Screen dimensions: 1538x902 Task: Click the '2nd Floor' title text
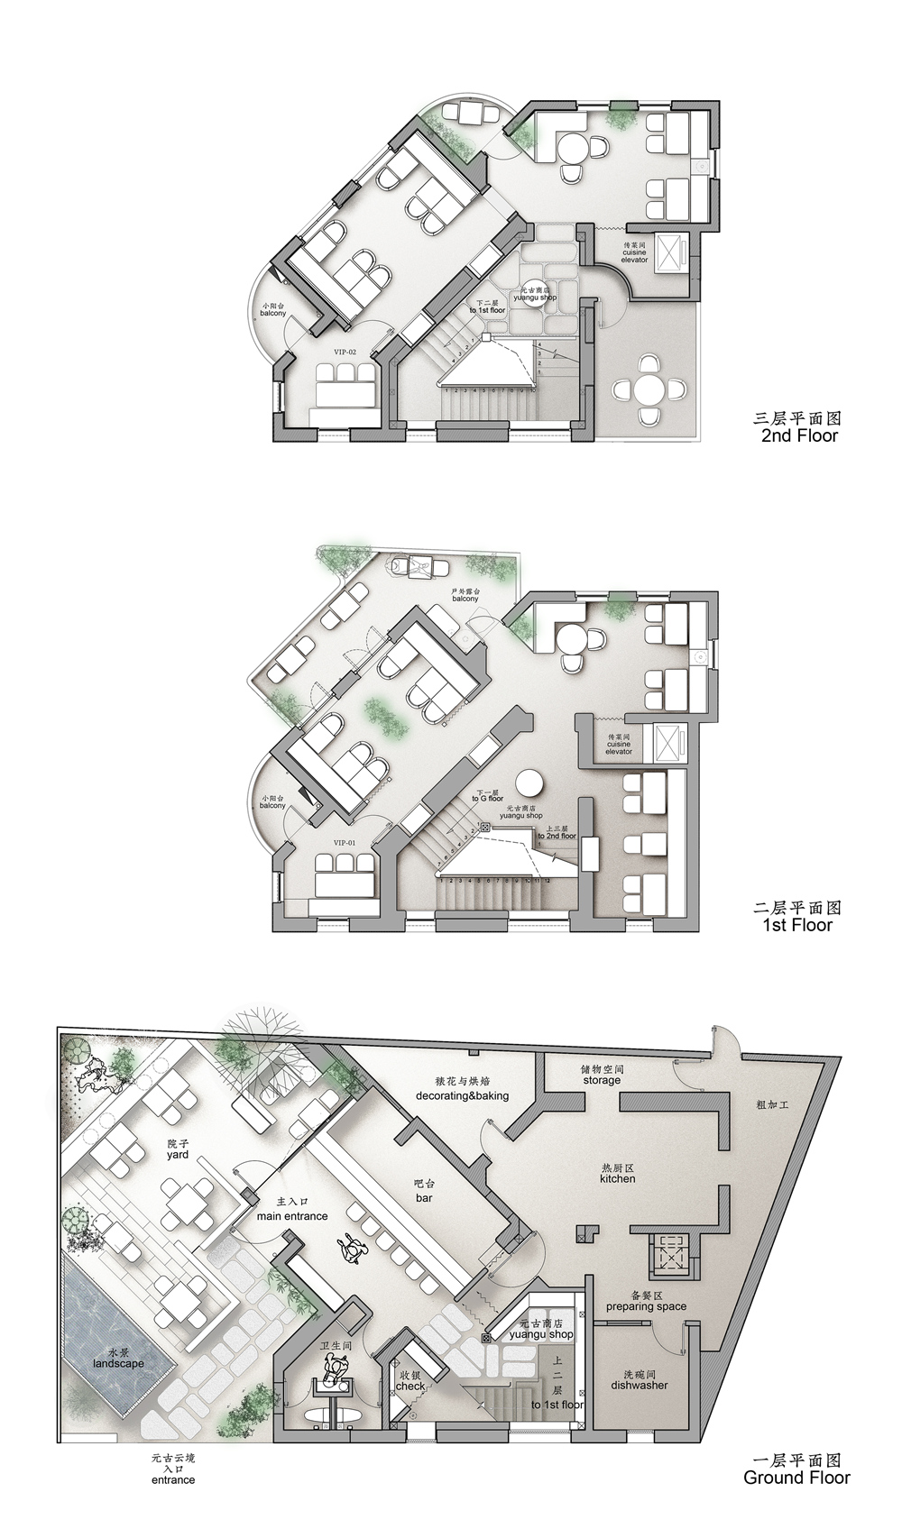[x=797, y=436]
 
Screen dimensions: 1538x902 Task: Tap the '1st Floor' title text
[x=797, y=925]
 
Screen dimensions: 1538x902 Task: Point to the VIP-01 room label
[x=345, y=843]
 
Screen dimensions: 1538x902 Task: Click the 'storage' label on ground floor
[x=602, y=1080]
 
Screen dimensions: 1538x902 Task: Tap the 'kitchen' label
[x=618, y=1178]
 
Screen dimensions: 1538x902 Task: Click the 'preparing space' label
[x=646, y=1306]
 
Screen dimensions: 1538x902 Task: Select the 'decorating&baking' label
[x=462, y=1095]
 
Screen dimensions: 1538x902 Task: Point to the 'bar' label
[x=424, y=1199]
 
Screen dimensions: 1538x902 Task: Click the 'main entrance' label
[x=291, y=1216]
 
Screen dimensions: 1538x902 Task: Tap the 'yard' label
[x=177, y=1155]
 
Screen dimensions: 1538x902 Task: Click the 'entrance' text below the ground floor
[x=173, y=1479]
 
